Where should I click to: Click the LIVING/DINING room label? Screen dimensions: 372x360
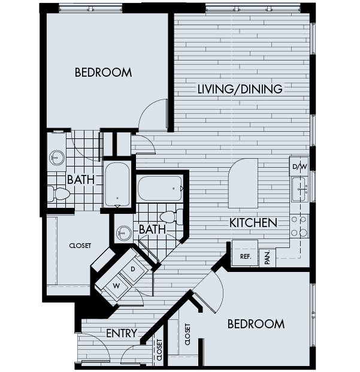click(240, 90)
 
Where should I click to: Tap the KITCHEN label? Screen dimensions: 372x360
click(253, 223)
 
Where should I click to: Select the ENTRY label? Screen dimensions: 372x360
click(122, 333)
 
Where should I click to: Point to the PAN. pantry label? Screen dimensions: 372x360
click(268, 257)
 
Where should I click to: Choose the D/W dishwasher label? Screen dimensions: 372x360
click(299, 166)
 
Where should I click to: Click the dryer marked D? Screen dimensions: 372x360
click(133, 269)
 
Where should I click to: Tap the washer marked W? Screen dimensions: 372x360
click(116, 285)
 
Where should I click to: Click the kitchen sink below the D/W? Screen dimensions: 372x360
click(299, 189)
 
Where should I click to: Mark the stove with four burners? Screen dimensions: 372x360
click(299, 226)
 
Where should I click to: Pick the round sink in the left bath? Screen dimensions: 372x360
click(56, 158)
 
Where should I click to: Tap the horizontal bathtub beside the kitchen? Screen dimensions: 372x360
click(159, 189)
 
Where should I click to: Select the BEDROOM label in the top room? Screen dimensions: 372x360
click(103, 72)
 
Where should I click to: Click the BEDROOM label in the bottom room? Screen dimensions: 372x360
click(256, 324)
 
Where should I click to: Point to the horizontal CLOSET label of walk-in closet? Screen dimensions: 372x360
click(80, 245)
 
